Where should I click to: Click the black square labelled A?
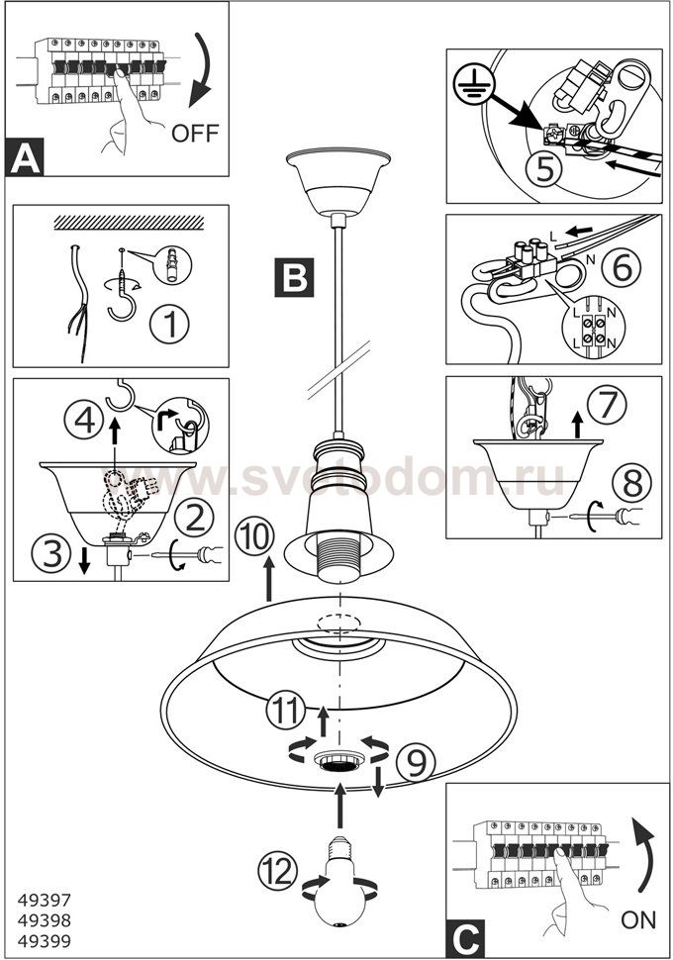[x=25, y=157]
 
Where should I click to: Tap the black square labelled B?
[x=294, y=278]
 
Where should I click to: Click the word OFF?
[x=195, y=133]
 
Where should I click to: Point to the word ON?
[x=638, y=919]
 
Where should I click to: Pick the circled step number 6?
[x=622, y=267]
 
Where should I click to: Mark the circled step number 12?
[x=278, y=871]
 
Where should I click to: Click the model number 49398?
[x=45, y=920]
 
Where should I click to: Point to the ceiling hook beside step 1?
[x=123, y=286]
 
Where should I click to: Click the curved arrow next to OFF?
[x=200, y=71]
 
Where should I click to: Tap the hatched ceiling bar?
[x=130, y=223]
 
